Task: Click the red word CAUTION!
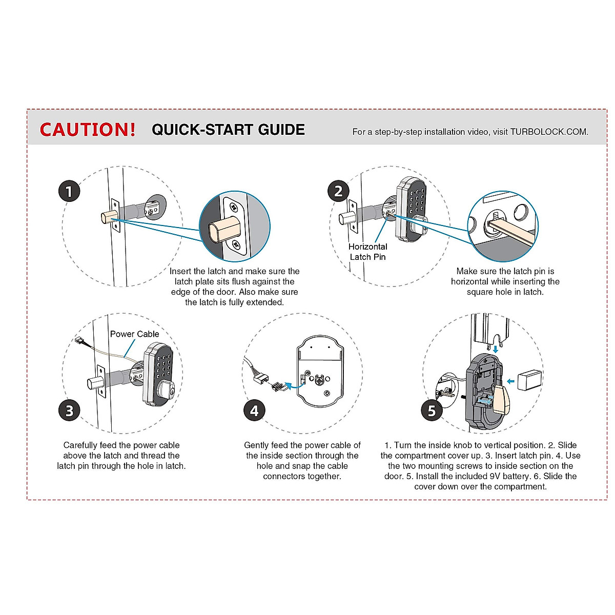pos(88,129)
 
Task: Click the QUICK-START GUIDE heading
pos(228,130)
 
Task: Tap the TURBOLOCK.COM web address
pos(549,132)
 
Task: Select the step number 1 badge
pos(69,191)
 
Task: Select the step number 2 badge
pos(338,191)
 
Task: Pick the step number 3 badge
pos(69,411)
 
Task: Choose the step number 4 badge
pos(254,411)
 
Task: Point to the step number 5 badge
pos(432,411)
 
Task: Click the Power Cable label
pos(134,334)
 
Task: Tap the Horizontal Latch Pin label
pos(367,252)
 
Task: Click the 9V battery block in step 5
pos(529,380)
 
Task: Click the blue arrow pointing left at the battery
pos(510,381)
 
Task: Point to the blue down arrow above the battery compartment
pos(495,349)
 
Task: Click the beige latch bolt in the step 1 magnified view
pos(224,230)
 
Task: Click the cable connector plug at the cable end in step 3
pos(78,340)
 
